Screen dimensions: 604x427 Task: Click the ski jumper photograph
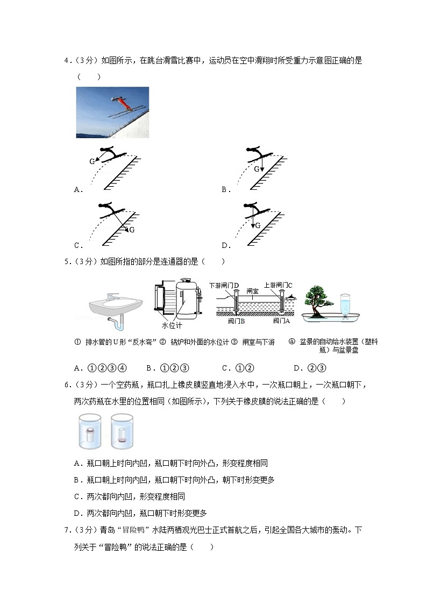tap(112, 112)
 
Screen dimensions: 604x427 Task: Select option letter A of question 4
tap(77, 189)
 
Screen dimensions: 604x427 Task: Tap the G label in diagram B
tap(257, 169)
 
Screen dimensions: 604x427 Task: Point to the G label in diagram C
tap(132, 230)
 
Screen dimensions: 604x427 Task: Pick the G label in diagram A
tap(92, 161)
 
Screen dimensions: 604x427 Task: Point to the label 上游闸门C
tap(278, 285)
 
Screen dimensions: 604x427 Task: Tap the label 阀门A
tap(281, 321)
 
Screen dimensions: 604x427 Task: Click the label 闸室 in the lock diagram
tap(253, 290)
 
